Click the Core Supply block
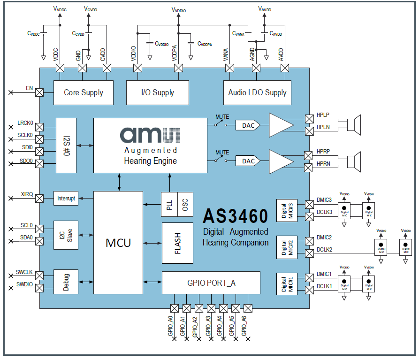coord(84,92)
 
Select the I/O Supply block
coord(157,92)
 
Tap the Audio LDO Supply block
coord(257,92)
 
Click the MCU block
coord(118,243)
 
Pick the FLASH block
coord(177,243)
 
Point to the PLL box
coord(169,205)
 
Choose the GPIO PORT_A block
coord(211,283)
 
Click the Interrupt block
coord(66,198)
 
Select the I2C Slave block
coord(66,235)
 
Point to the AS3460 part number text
coord(235,215)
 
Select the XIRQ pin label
coord(27,194)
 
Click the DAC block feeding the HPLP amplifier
coord(248,125)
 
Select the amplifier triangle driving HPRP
coord(281,161)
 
